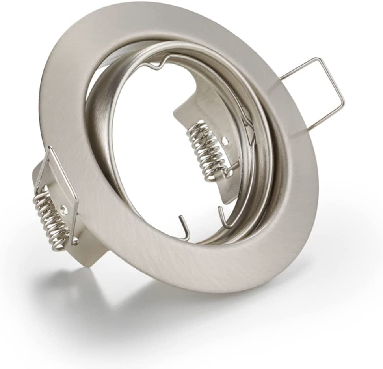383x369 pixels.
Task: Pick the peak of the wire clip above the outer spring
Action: pyautogui.click(x=50, y=149)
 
